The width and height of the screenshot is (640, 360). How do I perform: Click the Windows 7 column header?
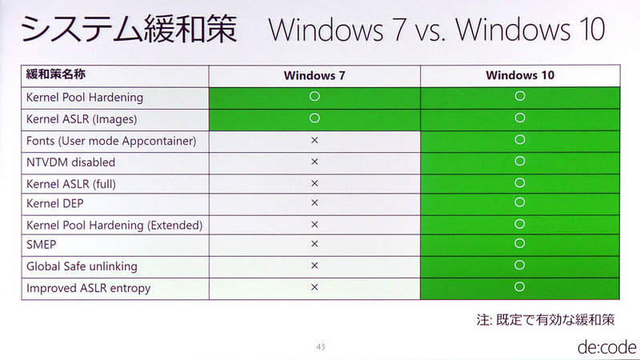coord(314,76)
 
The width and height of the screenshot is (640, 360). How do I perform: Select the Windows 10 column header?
coord(520,76)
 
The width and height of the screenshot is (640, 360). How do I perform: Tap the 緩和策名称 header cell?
coord(56,75)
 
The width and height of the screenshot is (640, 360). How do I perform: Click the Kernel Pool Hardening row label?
coord(85,98)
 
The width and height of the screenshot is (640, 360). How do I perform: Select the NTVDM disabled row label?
coord(71,162)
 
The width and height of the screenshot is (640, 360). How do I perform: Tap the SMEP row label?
coord(42,245)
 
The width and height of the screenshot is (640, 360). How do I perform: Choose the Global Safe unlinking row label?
coord(82,266)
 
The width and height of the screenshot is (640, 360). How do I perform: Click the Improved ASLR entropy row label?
coord(88,288)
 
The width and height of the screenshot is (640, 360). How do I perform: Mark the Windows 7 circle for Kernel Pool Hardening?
coord(314,97)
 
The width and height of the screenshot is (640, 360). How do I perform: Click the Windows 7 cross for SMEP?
coord(314,244)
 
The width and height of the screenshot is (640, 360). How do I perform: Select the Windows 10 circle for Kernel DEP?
coord(520,202)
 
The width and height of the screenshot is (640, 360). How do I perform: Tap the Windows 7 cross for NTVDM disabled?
coord(314,162)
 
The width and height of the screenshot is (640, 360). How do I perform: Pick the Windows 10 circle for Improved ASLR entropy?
coord(520,286)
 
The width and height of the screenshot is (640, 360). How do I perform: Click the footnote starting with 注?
coord(546,320)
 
